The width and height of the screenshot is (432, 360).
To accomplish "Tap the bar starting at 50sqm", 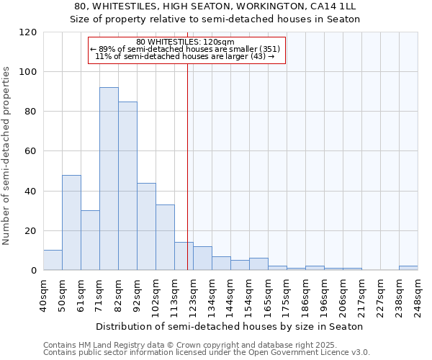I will coord(71,222).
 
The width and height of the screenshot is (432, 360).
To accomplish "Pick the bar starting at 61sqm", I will coord(90,240).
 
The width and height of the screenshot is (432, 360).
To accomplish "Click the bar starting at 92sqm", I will coord(146,226).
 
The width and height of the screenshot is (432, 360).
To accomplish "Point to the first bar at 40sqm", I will coord(53,260).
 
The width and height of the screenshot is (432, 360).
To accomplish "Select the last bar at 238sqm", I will coord(408,268).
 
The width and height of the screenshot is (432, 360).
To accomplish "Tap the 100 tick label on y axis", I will coord(28,72).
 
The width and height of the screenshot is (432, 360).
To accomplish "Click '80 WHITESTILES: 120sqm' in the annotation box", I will coord(186,42).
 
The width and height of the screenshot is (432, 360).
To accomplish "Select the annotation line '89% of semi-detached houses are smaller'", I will coord(186,49).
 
